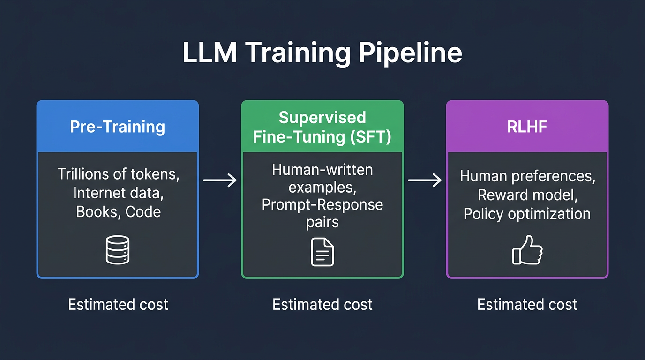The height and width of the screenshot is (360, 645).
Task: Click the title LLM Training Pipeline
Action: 322,52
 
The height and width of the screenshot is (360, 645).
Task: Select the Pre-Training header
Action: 117,127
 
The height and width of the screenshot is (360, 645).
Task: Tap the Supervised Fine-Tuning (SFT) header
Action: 322,127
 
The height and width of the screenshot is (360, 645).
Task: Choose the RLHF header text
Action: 527,127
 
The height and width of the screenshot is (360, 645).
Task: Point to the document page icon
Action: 322,252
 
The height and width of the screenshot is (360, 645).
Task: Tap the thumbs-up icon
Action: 527,251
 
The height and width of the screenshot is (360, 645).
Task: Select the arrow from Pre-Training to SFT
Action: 220,180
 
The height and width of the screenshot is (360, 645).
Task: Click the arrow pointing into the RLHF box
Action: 425,180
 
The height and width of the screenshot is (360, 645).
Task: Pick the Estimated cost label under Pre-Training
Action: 118,304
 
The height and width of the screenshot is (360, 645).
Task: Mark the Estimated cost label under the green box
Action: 322,304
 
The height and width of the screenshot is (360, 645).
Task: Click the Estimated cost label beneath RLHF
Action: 527,304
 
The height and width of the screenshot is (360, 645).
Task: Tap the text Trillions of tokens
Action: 118,174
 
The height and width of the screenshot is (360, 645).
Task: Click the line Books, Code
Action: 118,211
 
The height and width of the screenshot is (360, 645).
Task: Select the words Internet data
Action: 118,193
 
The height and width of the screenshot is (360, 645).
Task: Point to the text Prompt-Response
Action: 322,204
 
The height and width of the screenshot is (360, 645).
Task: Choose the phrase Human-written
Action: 322,169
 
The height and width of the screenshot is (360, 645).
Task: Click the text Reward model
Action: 527,195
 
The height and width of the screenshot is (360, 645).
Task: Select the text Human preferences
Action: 527,176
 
